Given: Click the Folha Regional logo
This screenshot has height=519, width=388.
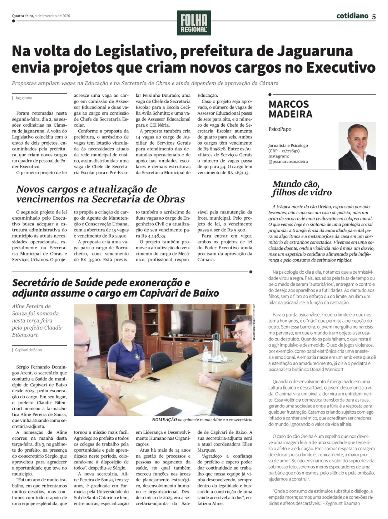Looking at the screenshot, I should coord(194,23).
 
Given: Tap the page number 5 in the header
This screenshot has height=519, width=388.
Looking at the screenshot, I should coord(374,16).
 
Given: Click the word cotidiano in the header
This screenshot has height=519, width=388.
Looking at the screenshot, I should coord(352,16).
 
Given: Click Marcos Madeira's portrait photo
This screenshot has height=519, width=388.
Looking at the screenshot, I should coord(357,146).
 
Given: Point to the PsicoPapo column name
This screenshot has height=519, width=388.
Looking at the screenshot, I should coord(280,129).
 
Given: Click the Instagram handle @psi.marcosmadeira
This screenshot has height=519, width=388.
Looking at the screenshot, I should coord(288,161).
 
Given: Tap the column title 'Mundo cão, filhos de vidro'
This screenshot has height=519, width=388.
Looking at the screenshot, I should coord(302,188).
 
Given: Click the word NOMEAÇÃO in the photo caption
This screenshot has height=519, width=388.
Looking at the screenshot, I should coord(165,420).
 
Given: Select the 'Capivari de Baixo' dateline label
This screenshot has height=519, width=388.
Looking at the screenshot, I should coord(28,350).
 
